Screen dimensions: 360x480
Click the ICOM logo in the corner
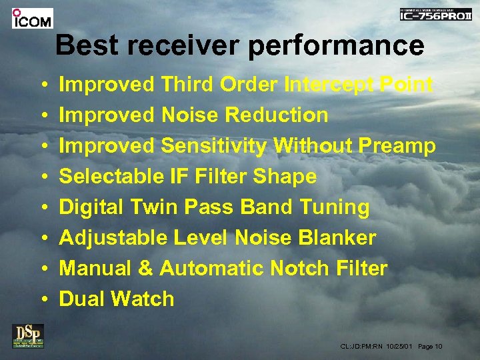point(31,18)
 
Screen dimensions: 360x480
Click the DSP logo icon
point(28,335)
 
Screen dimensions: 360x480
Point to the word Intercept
point(327,85)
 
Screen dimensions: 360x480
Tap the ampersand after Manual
point(146,269)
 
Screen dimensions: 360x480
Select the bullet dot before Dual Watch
point(43,299)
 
